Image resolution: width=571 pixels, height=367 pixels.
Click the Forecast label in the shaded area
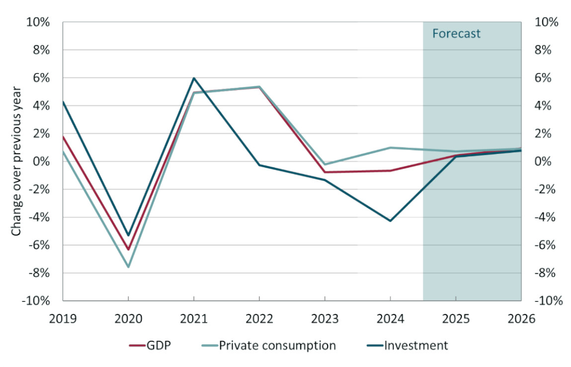tap(456, 34)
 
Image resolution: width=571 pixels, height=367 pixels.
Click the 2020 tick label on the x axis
tap(128, 319)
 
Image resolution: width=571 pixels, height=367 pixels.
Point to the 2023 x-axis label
tap(325, 319)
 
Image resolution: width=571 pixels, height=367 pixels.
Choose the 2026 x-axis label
tap(521, 319)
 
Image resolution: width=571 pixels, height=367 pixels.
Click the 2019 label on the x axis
tap(63, 319)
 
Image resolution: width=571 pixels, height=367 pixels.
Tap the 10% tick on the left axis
tap(38, 22)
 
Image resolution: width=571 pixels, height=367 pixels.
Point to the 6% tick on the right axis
tap(544, 78)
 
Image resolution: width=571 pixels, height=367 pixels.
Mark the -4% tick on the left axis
tap(39, 218)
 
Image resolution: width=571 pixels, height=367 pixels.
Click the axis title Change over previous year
tap(16, 161)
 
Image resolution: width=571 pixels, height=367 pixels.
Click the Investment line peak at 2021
tap(194, 78)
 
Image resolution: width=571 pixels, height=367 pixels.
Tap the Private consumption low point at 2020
tap(128, 267)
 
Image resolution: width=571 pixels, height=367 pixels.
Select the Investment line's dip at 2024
tap(390, 221)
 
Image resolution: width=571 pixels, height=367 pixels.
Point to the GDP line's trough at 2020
tap(128, 250)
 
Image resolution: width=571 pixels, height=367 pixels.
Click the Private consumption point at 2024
tap(390, 147)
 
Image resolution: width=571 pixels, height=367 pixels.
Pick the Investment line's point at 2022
tap(259, 165)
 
